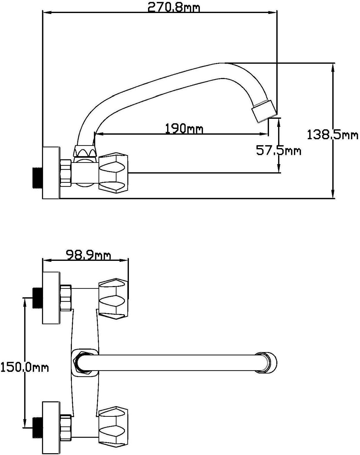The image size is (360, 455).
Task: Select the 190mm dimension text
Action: coord(184,129)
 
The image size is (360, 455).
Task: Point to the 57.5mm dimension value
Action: coord(279,151)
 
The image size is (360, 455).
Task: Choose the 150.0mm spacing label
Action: coord(25,367)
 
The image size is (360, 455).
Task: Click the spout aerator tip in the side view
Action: coord(264,111)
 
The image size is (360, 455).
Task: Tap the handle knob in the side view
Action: coord(113,174)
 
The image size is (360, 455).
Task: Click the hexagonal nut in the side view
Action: coord(66,173)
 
